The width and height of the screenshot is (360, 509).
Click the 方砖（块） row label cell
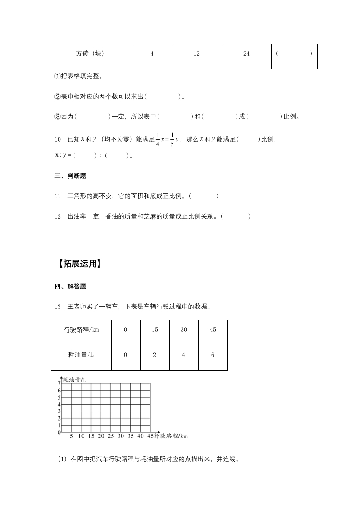(91, 54)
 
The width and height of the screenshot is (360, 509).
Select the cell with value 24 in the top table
(246, 54)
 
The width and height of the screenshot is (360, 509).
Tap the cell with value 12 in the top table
(196, 54)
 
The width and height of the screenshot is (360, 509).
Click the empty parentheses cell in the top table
(294, 54)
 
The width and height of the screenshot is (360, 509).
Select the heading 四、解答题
(70, 286)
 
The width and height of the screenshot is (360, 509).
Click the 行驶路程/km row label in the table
(81, 330)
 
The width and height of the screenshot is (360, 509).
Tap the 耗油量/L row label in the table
(81, 355)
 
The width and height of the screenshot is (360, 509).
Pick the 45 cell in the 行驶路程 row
(212, 330)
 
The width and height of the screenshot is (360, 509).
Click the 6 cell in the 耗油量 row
(212, 355)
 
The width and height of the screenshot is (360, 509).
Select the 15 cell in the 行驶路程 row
(155, 330)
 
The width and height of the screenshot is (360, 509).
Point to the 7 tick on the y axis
(59, 384)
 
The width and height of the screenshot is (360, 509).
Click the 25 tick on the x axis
(110, 436)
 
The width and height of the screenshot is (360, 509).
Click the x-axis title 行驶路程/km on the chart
(171, 436)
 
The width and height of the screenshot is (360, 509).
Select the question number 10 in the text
(57, 140)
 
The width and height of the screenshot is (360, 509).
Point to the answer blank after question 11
(204, 196)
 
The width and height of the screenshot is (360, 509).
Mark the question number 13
(58, 307)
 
